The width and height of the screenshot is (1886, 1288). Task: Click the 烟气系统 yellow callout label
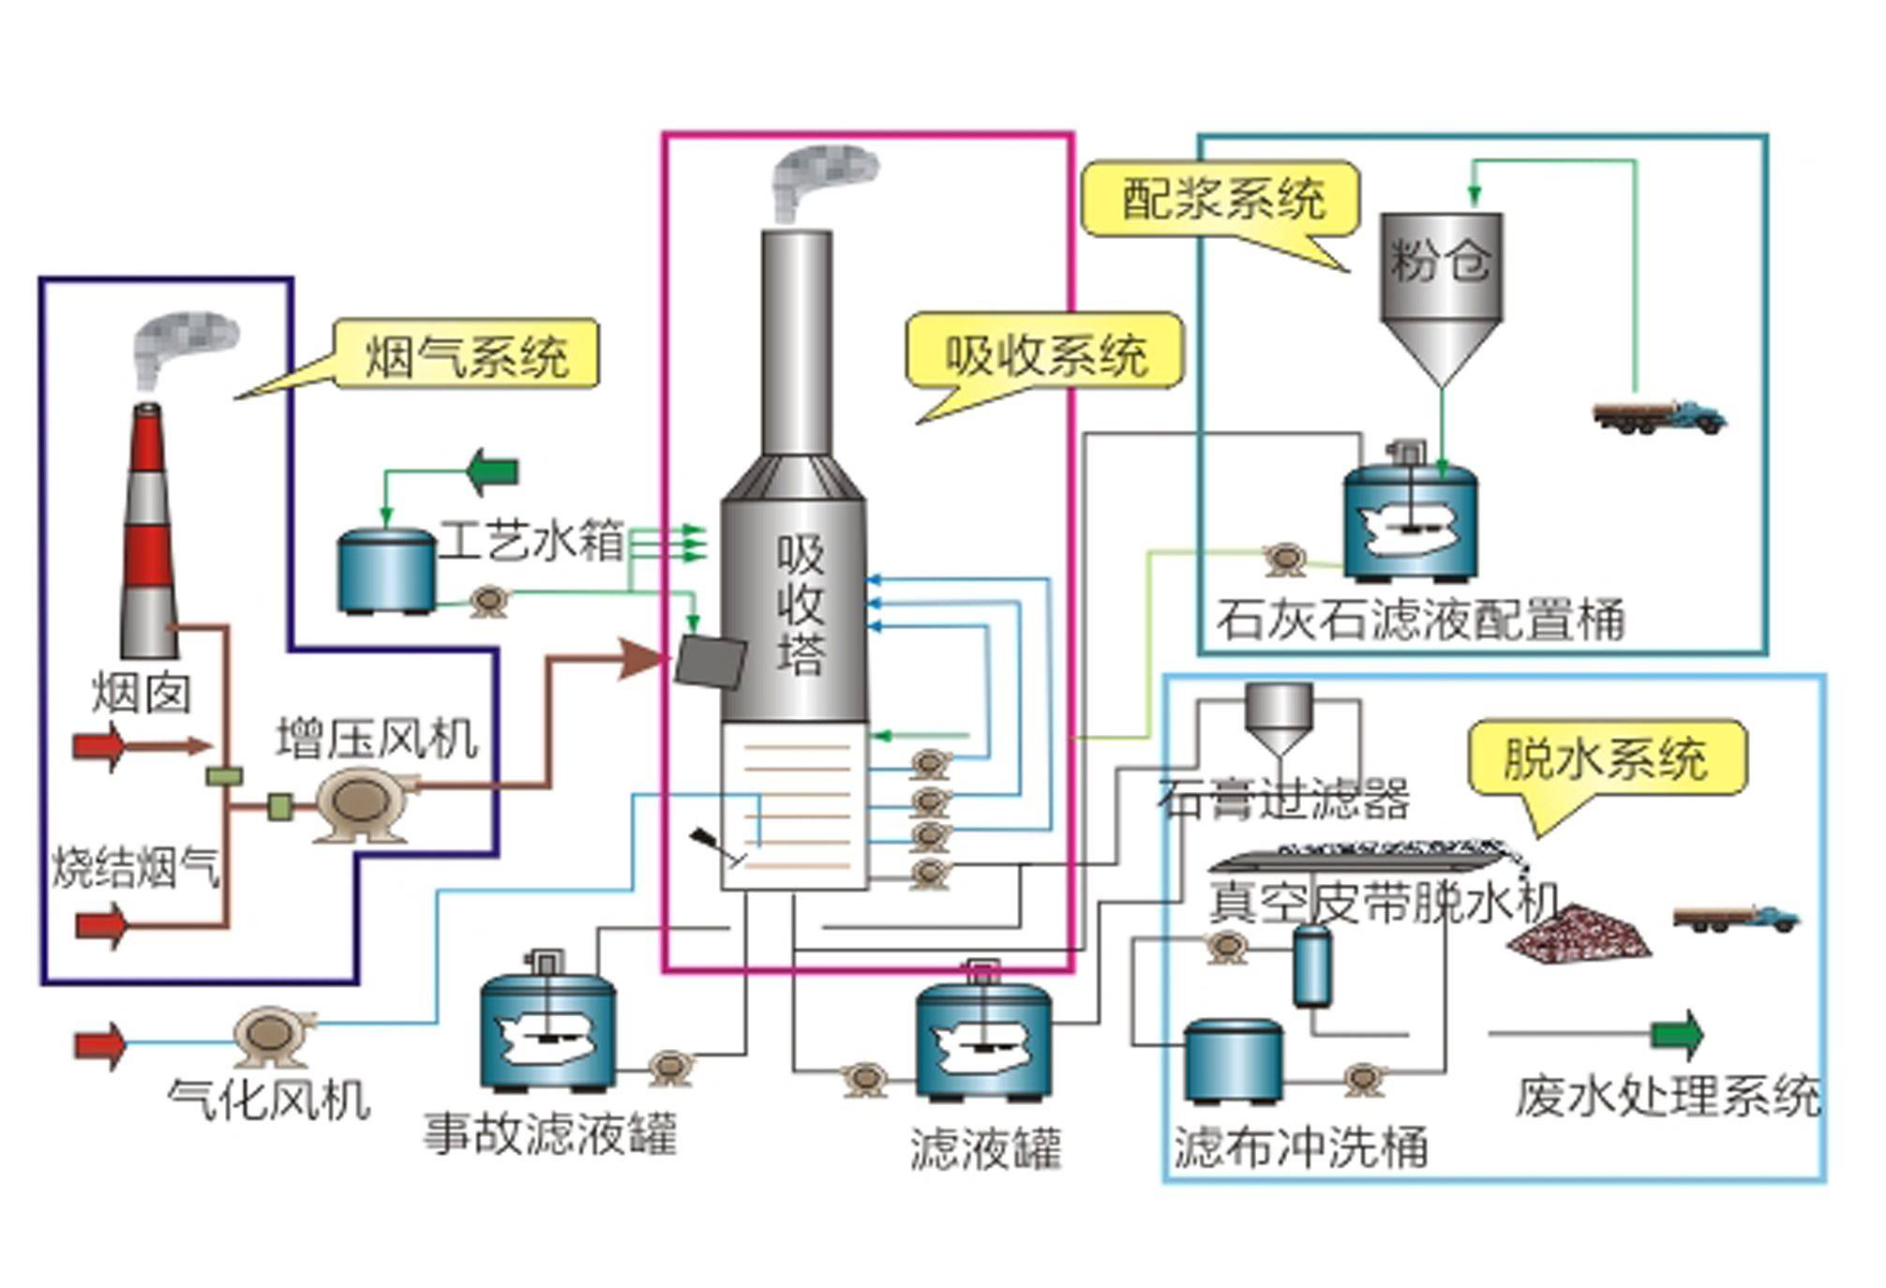[466, 354]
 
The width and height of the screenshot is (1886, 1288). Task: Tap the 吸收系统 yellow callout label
[1044, 353]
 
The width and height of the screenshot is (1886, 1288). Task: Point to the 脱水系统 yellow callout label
[1607, 757]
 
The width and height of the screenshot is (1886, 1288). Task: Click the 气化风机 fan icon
[273, 1035]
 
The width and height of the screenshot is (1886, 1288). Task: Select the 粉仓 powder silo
[1441, 291]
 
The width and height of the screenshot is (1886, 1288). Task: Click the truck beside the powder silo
[1659, 416]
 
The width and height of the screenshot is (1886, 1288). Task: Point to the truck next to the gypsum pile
[1736, 919]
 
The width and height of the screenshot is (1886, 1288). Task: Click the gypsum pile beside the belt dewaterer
[1579, 935]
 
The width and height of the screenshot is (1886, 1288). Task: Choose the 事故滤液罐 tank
[548, 1029]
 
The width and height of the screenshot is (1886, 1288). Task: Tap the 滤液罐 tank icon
[982, 1039]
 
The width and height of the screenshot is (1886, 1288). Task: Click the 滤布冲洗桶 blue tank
[1232, 1061]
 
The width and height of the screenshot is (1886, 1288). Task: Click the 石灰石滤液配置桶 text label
[1420, 620]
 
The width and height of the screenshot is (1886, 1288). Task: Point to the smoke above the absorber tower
[821, 179]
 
